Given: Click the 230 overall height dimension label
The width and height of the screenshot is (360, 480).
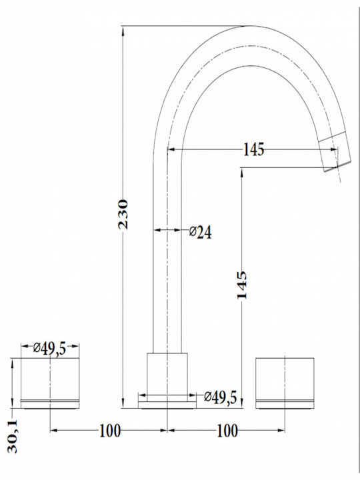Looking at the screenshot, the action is pyautogui.click(x=123, y=214).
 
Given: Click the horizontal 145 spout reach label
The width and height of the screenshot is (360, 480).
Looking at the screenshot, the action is pyautogui.click(x=253, y=150).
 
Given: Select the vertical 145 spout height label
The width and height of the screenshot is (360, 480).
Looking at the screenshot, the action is pyautogui.click(x=241, y=285).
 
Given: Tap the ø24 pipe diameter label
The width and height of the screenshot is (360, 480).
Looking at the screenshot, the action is pyautogui.click(x=200, y=232).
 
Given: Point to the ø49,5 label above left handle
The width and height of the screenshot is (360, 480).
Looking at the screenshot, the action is pyautogui.click(x=49, y=349).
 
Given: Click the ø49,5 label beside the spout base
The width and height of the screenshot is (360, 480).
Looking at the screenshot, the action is pyautogui.click(x=221, y=397).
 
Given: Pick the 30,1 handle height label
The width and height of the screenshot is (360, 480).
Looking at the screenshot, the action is pyautogui.click(x=13, y=436).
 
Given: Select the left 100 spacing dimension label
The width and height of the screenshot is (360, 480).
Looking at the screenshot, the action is pyautogui.click(x=110, y=431).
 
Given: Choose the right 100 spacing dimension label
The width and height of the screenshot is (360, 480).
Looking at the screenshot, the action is pyautogui.click(x=227, y=431).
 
